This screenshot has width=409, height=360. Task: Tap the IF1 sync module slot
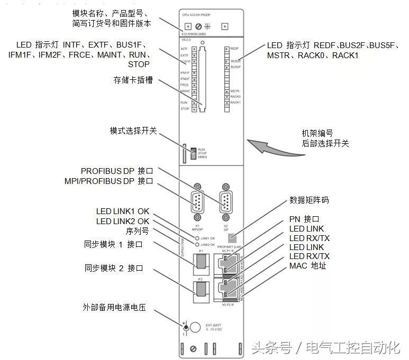click(201, 261)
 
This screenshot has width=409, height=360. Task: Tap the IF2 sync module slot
click(201, 289)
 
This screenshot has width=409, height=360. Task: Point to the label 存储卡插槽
click(133, 81)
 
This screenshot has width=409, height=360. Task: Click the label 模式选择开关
click(133, 131)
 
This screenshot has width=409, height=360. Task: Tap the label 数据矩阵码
click(309, 200)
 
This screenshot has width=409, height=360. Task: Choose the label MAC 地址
click(308, 265)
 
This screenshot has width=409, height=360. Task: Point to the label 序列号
click(138, 231)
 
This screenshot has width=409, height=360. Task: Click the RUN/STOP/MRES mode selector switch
click(194, 153)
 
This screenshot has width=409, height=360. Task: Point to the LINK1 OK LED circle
click(197, 238)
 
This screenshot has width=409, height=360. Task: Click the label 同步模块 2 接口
click(114, 268)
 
